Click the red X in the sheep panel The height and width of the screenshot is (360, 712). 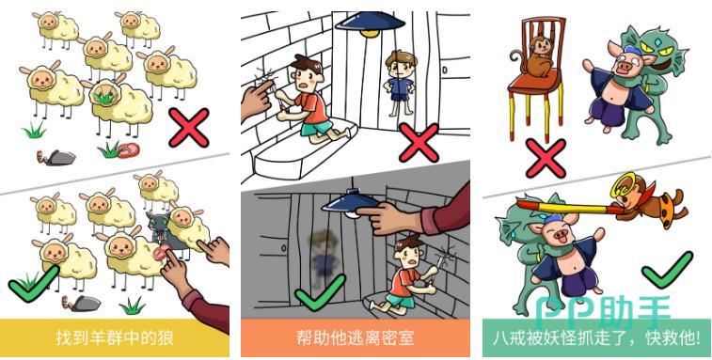[x=189, y=128]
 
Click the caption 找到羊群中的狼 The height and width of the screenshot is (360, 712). [x=115, y=338]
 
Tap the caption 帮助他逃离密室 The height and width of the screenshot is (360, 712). [x=356, y=338]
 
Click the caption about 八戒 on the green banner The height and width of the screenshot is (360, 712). [x=596, y=338]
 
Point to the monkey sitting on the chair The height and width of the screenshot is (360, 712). [x=537, y=55]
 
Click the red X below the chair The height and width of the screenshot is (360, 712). [x=546, y=158]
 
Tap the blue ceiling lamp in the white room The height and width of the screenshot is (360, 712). [x=370, y=23]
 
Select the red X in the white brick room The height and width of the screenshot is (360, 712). [x=419, y=143]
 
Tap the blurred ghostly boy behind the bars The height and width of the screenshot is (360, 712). [x=323, y=257]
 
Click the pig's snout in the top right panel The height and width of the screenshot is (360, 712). [x=624, y=68]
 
